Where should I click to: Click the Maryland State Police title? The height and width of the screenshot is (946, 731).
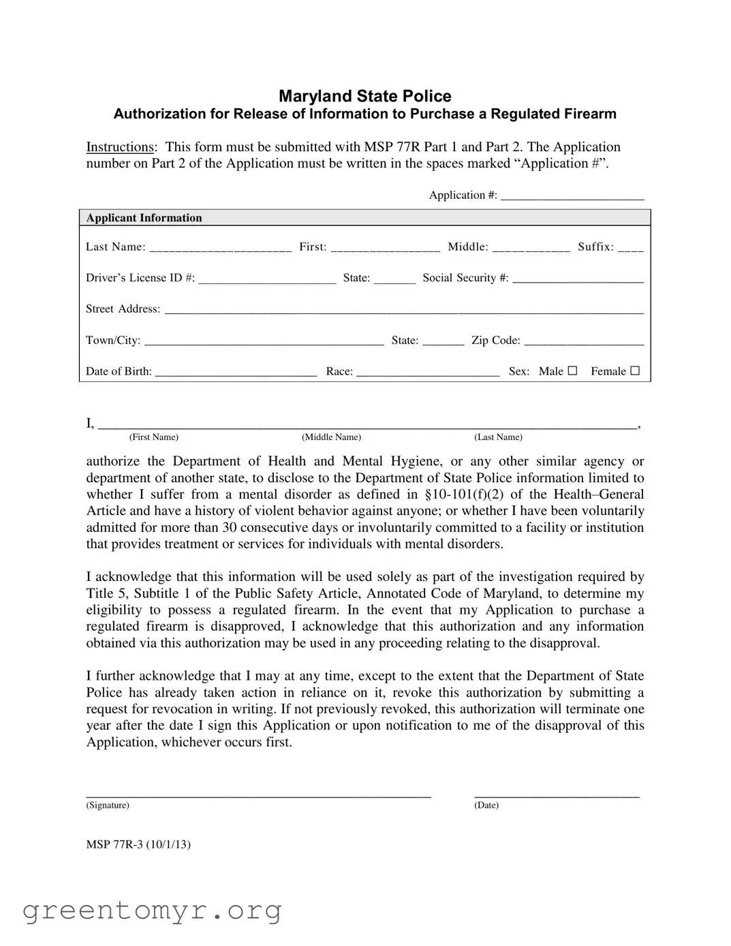coord(364,96)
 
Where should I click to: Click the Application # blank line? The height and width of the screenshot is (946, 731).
coord(572,195)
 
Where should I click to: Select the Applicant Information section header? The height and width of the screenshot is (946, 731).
coord(144,218)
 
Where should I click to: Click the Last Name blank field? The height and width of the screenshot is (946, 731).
coord(220,247)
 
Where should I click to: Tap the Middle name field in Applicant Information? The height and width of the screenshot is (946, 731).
coord(531,247)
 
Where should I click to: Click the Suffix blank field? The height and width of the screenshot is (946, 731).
coord(630,247)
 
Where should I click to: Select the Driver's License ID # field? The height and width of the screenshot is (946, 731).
coord(267,278)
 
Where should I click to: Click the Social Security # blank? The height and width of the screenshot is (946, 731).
coord(578,278)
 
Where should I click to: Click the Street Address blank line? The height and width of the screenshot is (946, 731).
coord(404,309)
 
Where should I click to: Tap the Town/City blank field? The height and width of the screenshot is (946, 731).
coord(264,341)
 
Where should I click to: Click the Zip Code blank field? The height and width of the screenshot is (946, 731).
coord(584,341)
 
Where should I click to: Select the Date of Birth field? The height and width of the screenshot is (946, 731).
coord(236,372)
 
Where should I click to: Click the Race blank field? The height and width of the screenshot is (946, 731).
coord(428,372)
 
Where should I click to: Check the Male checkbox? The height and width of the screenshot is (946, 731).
coord(572,371)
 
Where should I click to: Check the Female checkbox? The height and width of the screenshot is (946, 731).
coord(635,371)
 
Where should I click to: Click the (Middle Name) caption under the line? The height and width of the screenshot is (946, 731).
coord(331,437)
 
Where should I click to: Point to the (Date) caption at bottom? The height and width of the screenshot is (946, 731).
coord(486,806)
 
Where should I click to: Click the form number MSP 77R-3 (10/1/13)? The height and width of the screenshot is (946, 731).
coord(138,845)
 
